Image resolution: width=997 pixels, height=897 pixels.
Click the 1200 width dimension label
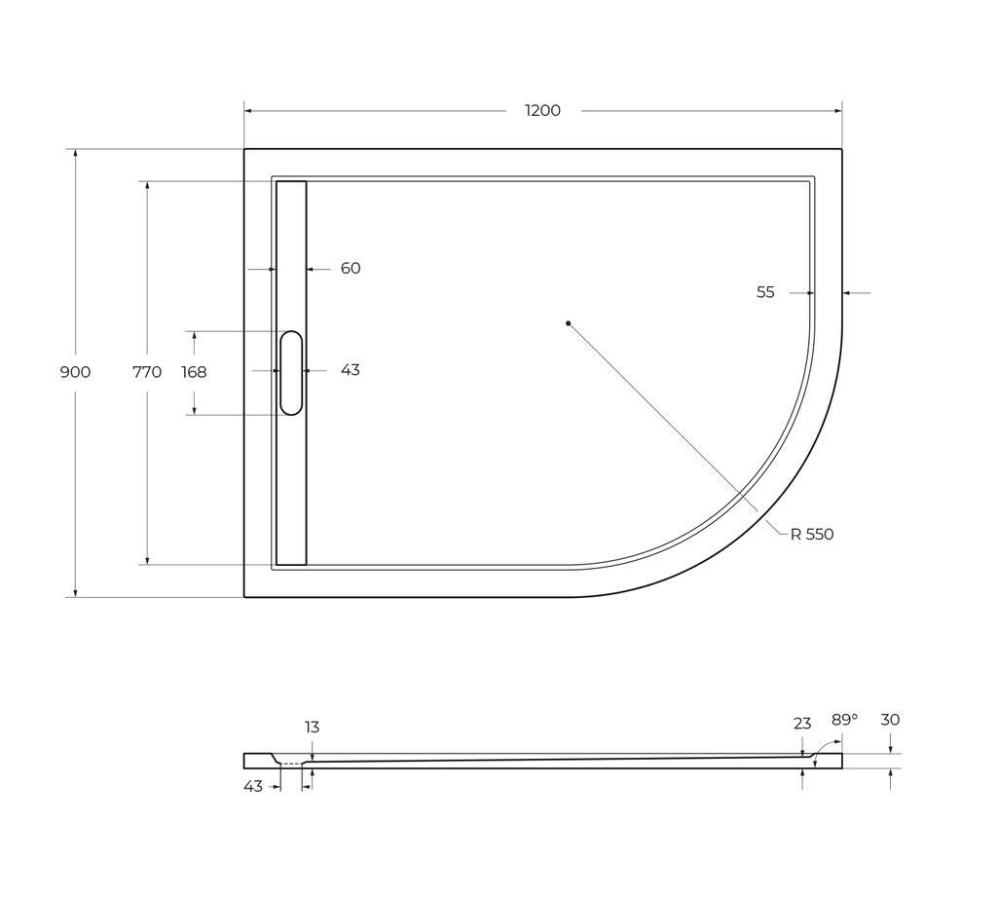542,111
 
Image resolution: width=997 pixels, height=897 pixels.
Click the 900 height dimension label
75,372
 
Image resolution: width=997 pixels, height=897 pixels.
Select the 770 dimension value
147,372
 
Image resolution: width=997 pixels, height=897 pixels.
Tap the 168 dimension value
194,372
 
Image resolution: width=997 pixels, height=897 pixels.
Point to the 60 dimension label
351,268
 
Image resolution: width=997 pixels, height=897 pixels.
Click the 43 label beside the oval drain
351,370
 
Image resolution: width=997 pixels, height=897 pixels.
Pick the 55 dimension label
765,292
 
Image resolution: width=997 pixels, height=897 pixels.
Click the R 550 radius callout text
812,534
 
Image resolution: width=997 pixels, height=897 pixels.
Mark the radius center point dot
568,323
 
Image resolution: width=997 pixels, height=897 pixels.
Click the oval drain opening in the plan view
291,373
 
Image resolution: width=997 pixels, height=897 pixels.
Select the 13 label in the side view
312,728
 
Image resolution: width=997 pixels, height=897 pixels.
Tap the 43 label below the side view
253,786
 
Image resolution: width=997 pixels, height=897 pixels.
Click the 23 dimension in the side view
802,724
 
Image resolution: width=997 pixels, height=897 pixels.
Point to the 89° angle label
844,720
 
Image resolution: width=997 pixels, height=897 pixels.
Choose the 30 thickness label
890,720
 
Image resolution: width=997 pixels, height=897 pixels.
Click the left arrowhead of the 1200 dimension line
247,111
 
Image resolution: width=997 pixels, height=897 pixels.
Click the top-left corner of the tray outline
244,149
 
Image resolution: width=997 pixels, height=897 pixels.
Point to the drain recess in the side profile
290,763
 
